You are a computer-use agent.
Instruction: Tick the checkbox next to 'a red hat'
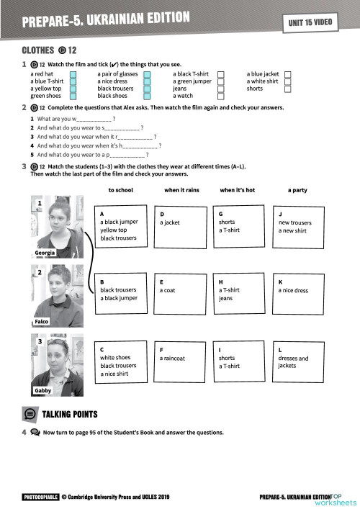(x=73, y=73)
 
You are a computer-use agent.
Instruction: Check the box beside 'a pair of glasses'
(x=147, y=73)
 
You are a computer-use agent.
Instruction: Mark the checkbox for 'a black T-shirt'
(x=221, y=73)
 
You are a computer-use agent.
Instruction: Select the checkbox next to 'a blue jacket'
(x=288, y=73)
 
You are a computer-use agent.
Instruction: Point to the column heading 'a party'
(x=298, y=190)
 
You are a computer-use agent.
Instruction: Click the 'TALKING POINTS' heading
(x=70, y=414)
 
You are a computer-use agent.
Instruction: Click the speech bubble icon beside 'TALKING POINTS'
(x=30, y=414)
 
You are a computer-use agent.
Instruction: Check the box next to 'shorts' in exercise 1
(x=288, y=89)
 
